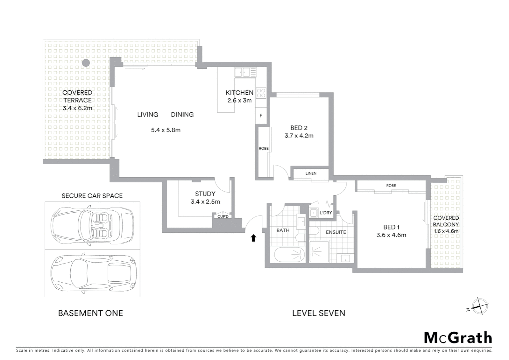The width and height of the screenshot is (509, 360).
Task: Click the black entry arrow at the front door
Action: point(253,238)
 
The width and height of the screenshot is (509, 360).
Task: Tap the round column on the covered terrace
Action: point(86,62)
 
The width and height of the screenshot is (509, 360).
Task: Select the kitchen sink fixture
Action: point(245,72)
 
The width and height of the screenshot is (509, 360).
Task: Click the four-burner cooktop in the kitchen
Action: point(261,93)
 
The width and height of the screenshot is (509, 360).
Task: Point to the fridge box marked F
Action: point(261,116)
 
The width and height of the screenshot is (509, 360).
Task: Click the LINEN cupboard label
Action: point(311,173)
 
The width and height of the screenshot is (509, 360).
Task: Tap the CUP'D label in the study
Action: point(223,217)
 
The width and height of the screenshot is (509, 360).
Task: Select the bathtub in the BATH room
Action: point(289,255)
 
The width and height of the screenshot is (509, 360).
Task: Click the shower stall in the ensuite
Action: point(319,252)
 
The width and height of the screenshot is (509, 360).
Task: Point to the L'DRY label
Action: point(326,213)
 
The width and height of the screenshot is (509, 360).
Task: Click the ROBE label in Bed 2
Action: point(263,149)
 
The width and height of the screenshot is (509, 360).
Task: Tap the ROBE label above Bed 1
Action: point(391,186)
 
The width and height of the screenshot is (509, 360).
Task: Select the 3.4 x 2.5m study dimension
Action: point(205,202)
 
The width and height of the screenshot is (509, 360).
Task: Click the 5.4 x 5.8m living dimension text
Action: point(166,130)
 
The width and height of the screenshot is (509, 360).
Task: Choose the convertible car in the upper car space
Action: point(92,226)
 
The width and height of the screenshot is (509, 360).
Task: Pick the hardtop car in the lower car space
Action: point(92,273)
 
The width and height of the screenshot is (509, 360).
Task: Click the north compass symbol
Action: point(479,306)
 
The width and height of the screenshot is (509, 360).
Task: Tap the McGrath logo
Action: point(458,338)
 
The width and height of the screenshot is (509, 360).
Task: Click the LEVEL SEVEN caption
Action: point(318,313)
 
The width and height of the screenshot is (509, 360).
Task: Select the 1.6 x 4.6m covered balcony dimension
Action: point(446,231)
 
